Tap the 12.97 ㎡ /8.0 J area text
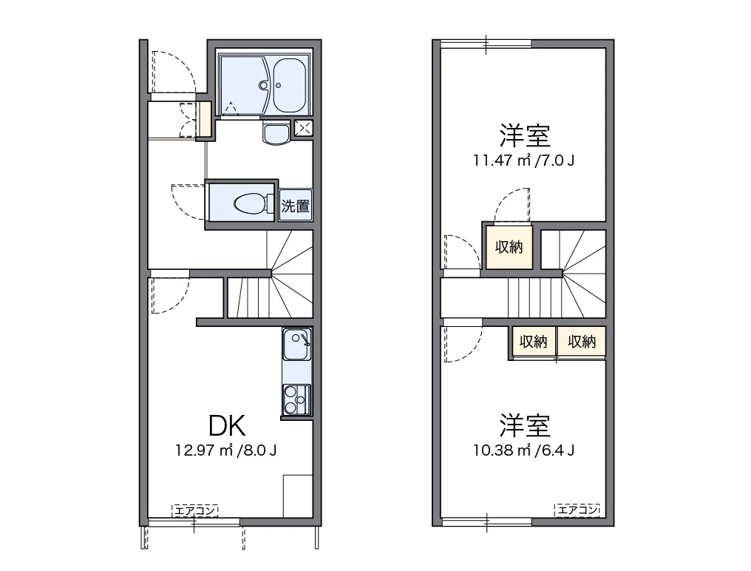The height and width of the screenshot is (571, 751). pos(225,450)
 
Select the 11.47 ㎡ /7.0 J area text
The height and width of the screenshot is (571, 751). pos(524,159)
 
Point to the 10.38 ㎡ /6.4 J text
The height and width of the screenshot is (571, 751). pos(524,450)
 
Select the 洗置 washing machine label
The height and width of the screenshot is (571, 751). pos(296,206)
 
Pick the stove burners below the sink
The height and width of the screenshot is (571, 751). pos(296,399)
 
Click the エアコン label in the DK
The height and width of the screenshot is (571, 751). pos(195,510)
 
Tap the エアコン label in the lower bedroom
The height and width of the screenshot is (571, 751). pos(577,510)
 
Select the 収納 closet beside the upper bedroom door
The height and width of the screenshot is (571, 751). pos(509,246)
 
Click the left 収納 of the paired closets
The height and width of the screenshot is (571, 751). pos(532,342)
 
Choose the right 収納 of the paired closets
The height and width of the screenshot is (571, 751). pos(582,342)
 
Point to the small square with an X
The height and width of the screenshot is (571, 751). pos(303,127)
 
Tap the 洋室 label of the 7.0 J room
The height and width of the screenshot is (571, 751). pos(524,136)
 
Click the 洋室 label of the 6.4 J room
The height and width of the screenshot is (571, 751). pos(524,426)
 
